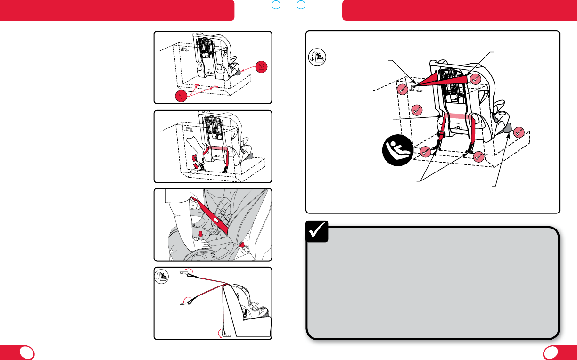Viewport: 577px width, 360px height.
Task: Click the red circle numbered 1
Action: (181, 96)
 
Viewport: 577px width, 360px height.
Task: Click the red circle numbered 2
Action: (261, 67)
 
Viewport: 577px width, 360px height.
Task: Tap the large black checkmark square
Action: (317, 231)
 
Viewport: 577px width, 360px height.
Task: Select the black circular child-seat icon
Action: (398, 150)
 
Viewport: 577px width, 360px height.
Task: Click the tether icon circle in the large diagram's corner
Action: (317, 57)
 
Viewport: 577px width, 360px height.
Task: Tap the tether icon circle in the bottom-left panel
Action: (162, 277)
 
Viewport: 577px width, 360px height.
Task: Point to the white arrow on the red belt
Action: (216, 221)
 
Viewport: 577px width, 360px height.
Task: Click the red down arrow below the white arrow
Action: (200, 234)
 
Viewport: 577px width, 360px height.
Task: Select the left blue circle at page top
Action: (276, 5)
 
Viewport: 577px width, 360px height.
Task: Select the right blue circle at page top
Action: (301, 5)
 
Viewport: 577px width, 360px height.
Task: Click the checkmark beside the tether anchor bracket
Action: (403, 90)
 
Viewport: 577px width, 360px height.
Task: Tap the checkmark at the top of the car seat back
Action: (475, 79)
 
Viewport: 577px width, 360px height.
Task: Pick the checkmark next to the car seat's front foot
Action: (519, 132)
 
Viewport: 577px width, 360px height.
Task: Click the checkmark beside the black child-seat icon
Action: (425, 152)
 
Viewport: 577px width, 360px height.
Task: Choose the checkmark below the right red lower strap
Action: (478, 156)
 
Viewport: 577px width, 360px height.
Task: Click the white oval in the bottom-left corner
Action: (27, 352)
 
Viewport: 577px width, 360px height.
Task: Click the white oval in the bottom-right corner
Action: (551, 352)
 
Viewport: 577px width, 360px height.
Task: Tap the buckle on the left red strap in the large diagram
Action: (442, 134)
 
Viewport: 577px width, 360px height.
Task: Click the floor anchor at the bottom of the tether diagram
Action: (227, 335)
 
